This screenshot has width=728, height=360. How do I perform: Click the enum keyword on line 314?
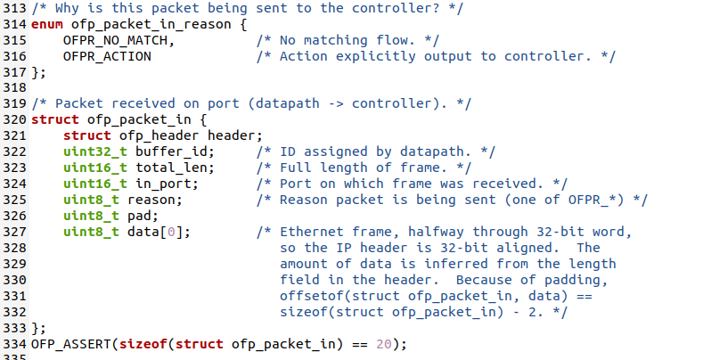click(x=46, y=24)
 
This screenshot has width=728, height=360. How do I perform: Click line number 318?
click(x=14, y=88)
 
